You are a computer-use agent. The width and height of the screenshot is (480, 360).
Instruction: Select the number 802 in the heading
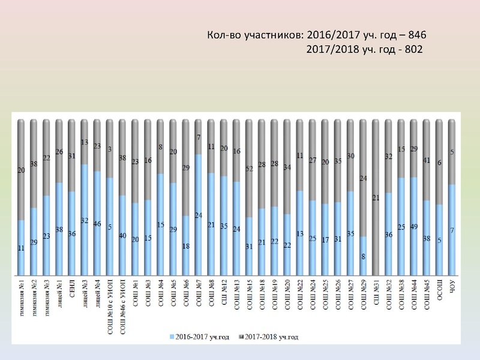pyautogui.click(x=413, y=50)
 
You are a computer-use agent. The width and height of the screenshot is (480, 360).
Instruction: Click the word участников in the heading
pyautogui.click(x=266, y=35)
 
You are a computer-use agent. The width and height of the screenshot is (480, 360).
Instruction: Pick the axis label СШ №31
pyautogui.click(x=376, y=292)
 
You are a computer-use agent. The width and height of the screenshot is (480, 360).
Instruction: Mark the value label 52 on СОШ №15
pyautogui.click(x=249, y=169)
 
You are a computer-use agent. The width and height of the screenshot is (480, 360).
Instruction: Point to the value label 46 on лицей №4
pyautogui.click(x=97, y=223)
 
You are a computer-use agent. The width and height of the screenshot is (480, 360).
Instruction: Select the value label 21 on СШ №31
pyautogui.click(x=376, y=197)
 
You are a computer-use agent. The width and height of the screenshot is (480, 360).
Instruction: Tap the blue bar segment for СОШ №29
pyautogui.click(x=363, y=254)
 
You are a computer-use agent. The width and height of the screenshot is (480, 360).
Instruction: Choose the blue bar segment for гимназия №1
pyautogui.click(x=22, y=246)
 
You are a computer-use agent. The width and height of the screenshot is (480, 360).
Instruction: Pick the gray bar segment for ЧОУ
pyautogui.click(x=452, y=152)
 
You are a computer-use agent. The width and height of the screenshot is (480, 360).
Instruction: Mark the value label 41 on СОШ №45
pyautogui.click(x=426, y=160)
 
